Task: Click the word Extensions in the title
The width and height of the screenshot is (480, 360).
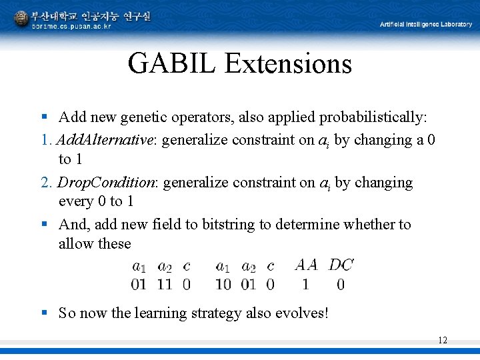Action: click(288, 64)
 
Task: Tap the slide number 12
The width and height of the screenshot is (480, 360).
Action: click(443, 341)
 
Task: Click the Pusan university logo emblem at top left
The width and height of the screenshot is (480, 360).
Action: click(21, 19)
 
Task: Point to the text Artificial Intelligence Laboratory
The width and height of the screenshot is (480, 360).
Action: click(425, 25)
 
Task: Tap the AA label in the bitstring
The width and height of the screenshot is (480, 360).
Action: click(306, 265)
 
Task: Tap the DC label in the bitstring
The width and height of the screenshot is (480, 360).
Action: click(341, 265)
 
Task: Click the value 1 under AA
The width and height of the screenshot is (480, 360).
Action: click(305, 285)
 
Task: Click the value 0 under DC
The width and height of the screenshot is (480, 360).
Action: click(341, 285)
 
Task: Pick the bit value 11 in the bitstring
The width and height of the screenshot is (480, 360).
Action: click(164, 285)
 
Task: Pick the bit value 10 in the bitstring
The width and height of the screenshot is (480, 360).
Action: click(223, 285)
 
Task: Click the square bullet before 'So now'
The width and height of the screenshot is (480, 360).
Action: click(44, 313)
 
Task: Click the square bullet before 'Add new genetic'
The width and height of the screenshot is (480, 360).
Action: click(44, 118)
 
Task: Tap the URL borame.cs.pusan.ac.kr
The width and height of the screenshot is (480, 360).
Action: click(71, 26)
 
